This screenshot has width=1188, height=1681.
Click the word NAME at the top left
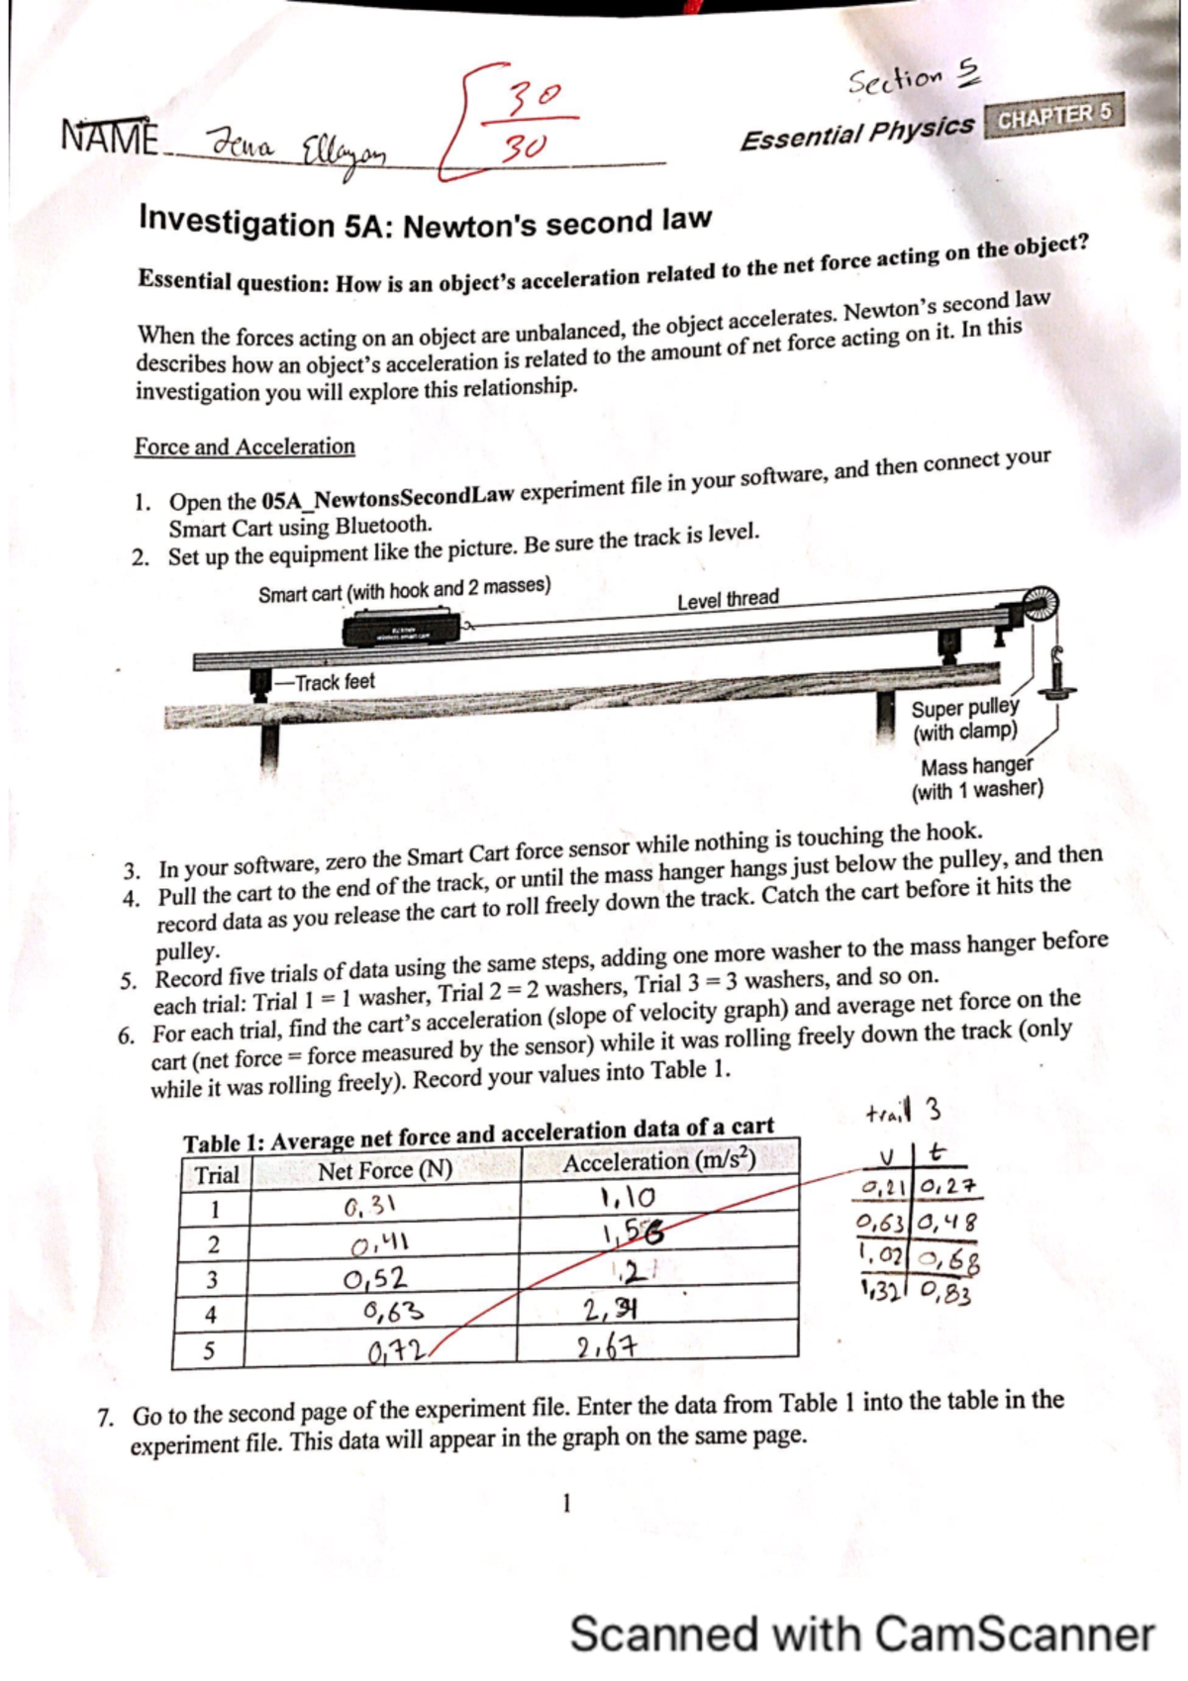(x=109, y=136)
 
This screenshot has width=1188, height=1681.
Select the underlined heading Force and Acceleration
(x=245, y=446)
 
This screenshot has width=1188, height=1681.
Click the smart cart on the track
(x=401, y=630)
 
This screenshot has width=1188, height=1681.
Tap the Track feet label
(x=335, y=682)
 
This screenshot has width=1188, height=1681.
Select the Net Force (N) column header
(x=384, y=1171)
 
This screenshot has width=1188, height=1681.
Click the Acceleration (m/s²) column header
(x=658, y=1161)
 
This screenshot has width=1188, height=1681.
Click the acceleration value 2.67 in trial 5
(x=608, y=1347)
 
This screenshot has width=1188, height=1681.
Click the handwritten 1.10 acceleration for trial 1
(x=626, y=1197)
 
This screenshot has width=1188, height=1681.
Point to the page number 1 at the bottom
(x=566, y=1504)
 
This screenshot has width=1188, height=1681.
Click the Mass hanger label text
(x=976, y=766)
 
